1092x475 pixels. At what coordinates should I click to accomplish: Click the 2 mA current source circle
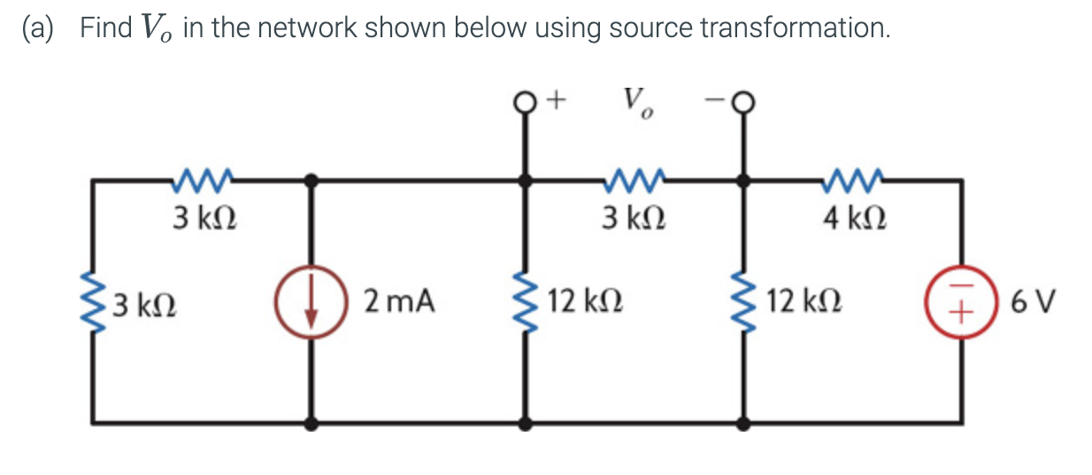click(x=311, y=302)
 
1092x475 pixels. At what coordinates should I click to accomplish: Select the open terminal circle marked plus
click(x=527, y=105)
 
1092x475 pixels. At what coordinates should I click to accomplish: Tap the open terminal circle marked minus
click(x=743, y=105)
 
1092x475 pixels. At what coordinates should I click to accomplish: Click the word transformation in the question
click(x=795, y=27)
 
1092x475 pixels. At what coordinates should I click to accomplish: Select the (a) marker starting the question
click(x=41, y=27)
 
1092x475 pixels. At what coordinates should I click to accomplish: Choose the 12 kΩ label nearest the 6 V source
click(x=804, y=302)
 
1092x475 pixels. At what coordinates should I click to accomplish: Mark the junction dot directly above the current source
click(x=311, y=181)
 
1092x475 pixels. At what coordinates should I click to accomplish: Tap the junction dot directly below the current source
click(x=311, y=424)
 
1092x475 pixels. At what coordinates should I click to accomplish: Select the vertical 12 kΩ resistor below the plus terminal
click(x=527, y=302)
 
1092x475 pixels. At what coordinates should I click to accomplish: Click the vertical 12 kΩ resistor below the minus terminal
click(x=743, y=302)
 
